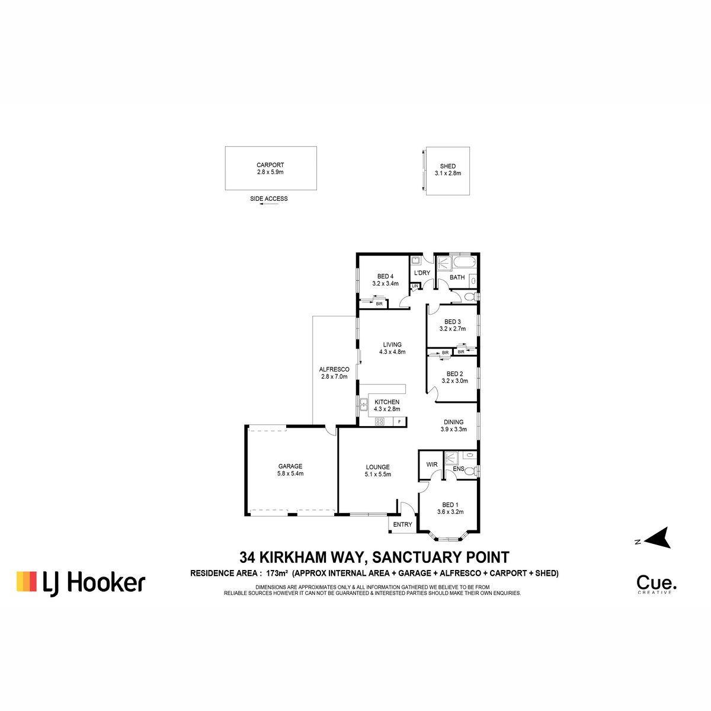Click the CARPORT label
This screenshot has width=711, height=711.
click(x=270, y=165)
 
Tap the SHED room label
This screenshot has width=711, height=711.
click(x=447, y=166)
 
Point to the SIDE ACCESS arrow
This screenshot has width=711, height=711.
click(x=268, y=204)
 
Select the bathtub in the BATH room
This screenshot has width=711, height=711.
click(x=465, y=262)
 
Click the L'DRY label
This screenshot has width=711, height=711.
click(x=422, y=273)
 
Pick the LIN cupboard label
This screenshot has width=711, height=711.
click(x=415, y=286)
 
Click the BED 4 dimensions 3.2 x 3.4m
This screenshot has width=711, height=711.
click(x=385, y=283)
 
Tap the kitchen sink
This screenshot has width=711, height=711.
click(x=363, y=405)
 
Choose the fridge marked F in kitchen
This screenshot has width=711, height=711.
click(x=399, y=421)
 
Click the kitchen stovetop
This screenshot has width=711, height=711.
click(x=380, y=421)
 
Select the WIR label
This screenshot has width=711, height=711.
click(x=432, y=464)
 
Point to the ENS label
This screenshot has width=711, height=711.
click(x=458, y=469)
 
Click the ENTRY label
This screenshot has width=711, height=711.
click(x=402, y=524)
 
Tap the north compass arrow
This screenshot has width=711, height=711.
click(x=658, y=538)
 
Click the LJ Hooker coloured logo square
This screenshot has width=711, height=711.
click(x=27, y=581)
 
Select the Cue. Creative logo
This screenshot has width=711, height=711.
click(x=656, y=584)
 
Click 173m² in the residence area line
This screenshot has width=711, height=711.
click(x=279, y=573)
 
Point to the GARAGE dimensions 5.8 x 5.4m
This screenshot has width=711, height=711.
click(x=290, y=473)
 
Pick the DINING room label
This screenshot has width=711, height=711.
click(x=453, y=422)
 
